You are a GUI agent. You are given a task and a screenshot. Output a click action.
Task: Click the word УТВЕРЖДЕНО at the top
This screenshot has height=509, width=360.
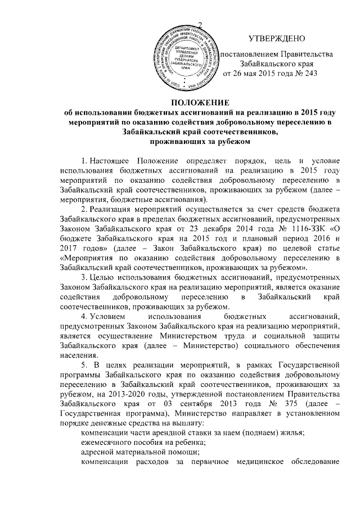coord(277,39)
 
